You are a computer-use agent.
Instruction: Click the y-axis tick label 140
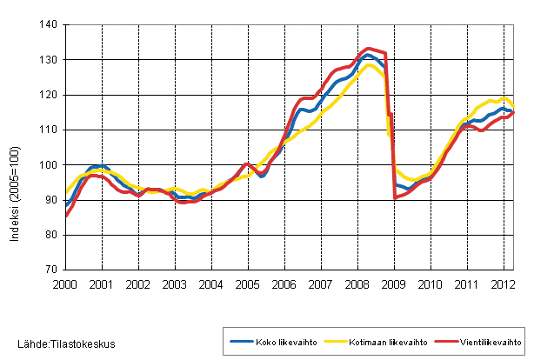point(48,25)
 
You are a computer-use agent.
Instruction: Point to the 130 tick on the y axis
point(48,60)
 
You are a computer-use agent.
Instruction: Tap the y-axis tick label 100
point(48,165)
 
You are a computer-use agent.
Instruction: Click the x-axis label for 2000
point(65,284)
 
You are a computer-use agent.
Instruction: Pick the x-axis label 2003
point(175,284)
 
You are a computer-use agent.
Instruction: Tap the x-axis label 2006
point(284,284)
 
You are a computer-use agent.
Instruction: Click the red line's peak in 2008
point(369,49)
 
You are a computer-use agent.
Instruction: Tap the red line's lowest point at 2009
point(394,197)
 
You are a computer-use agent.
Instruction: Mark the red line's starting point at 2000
point(66,216)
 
